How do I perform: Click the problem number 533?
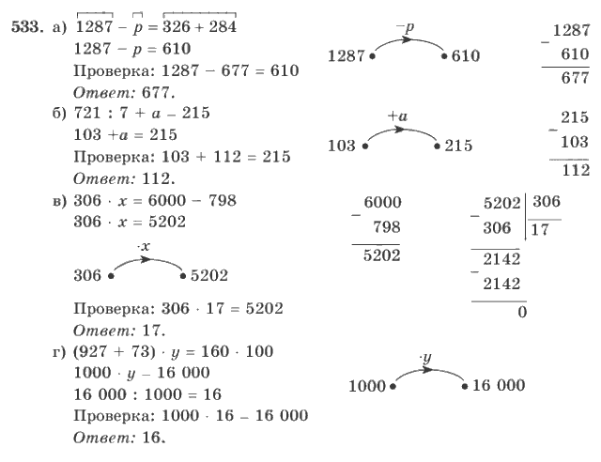(x=26, y=27)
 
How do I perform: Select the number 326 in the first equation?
(x=177, y=26)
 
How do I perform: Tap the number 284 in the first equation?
(x=223, y=26)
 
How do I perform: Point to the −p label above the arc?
(x=405, y=27)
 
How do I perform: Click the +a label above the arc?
(x=397, y=115)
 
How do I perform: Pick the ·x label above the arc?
(x=144, y=247)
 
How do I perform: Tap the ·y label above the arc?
(x=425, y=358)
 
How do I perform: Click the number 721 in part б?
(x=87, y=113)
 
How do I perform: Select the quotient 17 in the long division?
(x=541, y=230)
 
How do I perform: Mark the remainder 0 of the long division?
(x=522, y=312)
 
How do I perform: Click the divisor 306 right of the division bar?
(x=547, y=201)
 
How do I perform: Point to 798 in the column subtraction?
(x=387, y=227)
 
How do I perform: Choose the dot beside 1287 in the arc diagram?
(x=372, y=56)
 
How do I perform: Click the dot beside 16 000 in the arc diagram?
(x=465, y=387)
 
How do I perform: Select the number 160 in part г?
(x=215, y=351)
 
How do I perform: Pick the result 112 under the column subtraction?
(x=576, y=169)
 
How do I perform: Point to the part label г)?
(x=59, y=352)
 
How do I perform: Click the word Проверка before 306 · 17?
(x=115, y=309)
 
